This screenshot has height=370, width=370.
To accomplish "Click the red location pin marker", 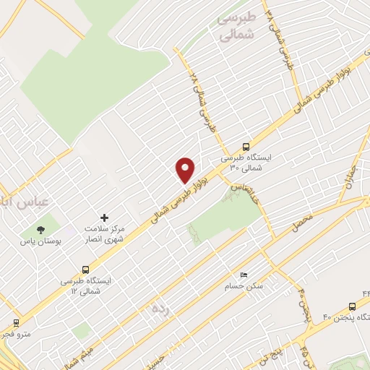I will pyautogui.click(x=186, y=169).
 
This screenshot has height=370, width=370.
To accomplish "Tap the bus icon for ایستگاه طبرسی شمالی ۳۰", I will pyautogui.click(x=246, y=145).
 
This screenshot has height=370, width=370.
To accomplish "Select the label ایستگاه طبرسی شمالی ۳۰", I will pyautogui.click(x=246, y=162).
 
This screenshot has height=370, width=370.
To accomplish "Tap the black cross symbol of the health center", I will pyautogui.click(x=104, y=217).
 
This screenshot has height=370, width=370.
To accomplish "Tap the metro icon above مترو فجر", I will pyautogui.click(x=16, y=323).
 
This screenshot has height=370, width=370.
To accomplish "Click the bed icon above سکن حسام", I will pyautogui.click(x=243, y=275).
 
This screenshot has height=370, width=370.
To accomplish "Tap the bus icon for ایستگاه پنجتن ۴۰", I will pyautogui.click(x=352, y=306).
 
